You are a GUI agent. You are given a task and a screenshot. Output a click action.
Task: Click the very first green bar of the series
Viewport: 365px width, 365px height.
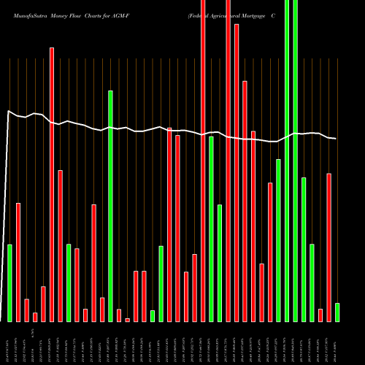(9, 283)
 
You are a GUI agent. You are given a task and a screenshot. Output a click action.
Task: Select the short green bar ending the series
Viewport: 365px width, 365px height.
(337, 312)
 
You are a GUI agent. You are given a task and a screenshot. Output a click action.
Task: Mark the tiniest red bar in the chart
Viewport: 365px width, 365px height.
(127, 320)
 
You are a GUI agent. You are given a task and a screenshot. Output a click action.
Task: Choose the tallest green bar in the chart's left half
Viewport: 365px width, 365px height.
(110, 206)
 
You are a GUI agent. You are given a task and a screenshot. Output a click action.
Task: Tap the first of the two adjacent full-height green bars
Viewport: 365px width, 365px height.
(287, 161)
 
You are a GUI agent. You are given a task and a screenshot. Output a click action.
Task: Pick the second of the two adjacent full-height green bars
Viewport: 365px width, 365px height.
(295, 161)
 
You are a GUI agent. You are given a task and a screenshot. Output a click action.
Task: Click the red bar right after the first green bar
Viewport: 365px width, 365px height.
(18, 262)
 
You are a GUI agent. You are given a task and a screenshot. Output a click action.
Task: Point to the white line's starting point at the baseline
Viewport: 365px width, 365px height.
(2, 320)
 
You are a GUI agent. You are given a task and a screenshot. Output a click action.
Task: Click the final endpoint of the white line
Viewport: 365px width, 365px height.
(337, 139)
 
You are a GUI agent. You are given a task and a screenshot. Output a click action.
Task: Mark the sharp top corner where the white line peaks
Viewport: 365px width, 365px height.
(8, 111)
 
